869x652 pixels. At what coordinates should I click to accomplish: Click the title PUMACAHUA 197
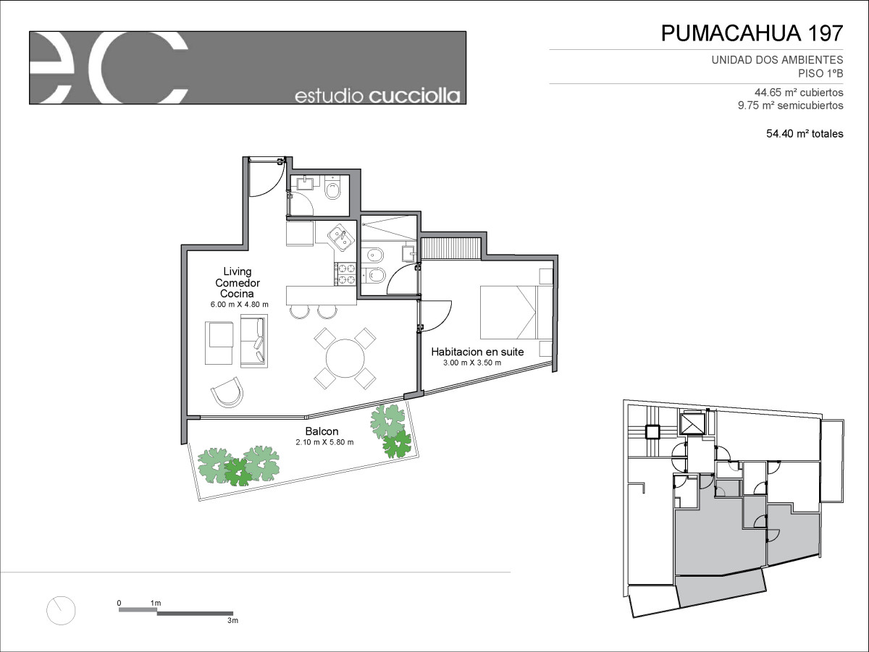tap(752, 33)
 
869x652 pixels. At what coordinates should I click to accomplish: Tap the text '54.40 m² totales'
tap(805, 134)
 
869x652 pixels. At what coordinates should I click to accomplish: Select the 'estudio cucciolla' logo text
tap(377, 96)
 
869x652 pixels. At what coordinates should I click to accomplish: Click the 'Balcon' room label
tap(322, 431)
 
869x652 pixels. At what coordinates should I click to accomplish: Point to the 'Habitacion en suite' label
tap(477, 352)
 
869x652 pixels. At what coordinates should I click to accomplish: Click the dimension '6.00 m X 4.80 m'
tap(240, 305)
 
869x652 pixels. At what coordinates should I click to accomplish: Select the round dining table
tap(345, 358)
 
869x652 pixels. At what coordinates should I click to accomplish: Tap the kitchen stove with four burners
tap(345, 274)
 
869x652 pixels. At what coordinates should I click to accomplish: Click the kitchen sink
tap(341, 237)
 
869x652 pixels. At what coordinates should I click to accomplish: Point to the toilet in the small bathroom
tap(332, 191)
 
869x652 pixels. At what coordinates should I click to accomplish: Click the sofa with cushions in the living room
tap(254, 341)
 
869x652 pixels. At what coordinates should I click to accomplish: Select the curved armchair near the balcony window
tap(227, 391)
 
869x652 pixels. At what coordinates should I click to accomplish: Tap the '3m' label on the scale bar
tap(232, 620)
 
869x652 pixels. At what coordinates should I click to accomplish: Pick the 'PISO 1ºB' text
tap(820, 74)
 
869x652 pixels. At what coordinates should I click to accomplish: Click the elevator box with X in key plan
tap(692, 425)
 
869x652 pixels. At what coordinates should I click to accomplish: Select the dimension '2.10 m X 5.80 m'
tap(324, 442)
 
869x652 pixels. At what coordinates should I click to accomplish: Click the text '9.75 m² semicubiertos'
tap(791, 106)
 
